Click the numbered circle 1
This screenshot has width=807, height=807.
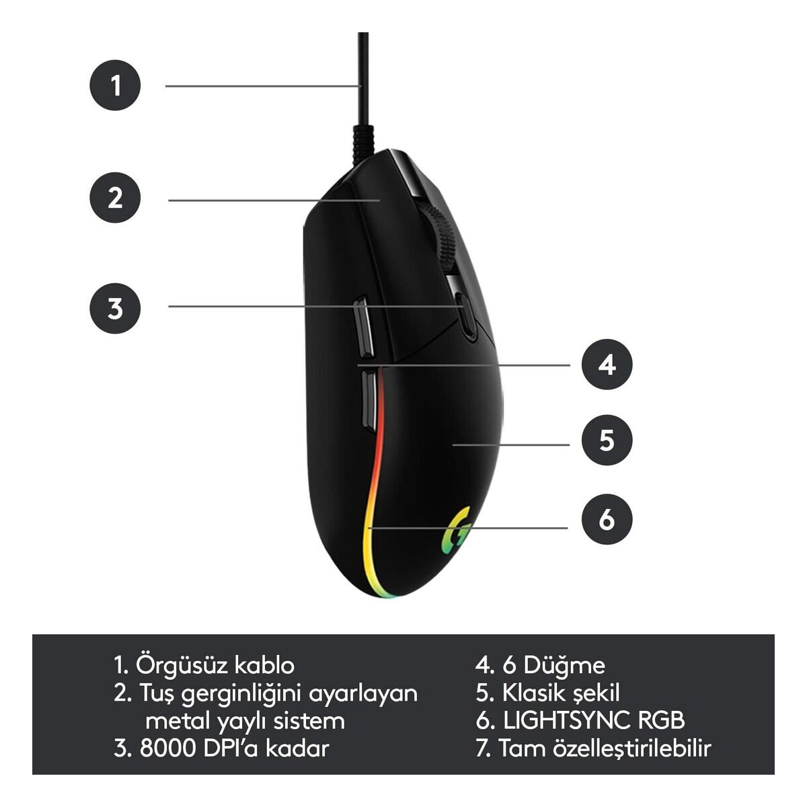[x=115, y=85]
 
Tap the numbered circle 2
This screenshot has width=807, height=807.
[x=115, y=197]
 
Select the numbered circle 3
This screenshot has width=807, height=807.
[x=115, y=308]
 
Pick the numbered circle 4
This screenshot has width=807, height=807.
[x=607, y=364]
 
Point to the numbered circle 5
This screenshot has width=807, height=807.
[x=607, y=440]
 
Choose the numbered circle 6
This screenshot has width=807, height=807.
[x=607, y=519]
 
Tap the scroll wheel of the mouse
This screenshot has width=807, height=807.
[x=439, y=235]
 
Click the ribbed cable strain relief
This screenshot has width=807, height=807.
[x=362, y=145]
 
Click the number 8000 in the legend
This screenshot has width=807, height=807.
[x=168, y=748]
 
